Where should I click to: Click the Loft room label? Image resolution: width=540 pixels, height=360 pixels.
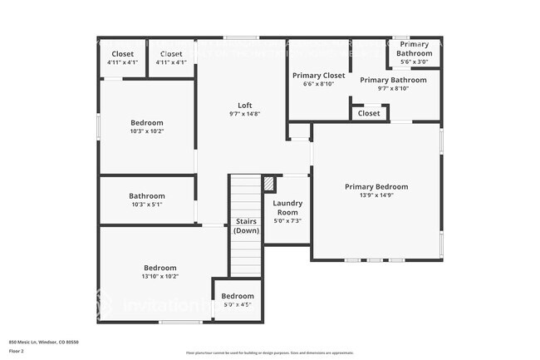coord(244,105)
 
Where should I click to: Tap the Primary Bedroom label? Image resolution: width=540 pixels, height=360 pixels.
coord(376,187)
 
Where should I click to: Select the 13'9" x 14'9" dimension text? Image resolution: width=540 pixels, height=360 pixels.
coord(376,196)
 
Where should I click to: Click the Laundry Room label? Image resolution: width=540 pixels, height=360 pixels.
coord(287,207)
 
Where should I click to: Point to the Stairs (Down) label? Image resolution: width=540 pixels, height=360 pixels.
coord(246,226)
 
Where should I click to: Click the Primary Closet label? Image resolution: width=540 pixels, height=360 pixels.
coord(318,75)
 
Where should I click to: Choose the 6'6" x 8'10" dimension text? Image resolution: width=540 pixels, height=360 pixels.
coord(318,84)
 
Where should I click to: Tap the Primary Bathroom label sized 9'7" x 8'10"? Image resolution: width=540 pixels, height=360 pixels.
coord(393,80)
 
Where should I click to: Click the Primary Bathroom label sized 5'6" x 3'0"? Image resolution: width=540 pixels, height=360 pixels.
coord(413,48)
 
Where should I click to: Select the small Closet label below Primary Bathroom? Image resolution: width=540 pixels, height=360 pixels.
coord(369,113)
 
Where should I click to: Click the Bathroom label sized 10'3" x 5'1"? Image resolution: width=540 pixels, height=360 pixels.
coord(147,196)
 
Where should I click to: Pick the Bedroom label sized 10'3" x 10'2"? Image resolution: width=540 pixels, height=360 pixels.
coord(147,122)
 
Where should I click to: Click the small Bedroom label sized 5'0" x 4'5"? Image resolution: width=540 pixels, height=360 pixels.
coord(238,296)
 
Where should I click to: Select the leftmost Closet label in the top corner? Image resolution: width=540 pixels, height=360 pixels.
coord(123,54)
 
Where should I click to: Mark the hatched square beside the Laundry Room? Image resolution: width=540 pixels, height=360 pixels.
coord(268,183)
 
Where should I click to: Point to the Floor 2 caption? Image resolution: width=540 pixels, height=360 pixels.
coord(17,351)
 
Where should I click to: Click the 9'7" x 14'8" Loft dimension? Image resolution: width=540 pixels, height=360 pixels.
coord(244,114)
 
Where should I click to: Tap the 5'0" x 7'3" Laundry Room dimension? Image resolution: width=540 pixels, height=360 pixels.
coord(287,220)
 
